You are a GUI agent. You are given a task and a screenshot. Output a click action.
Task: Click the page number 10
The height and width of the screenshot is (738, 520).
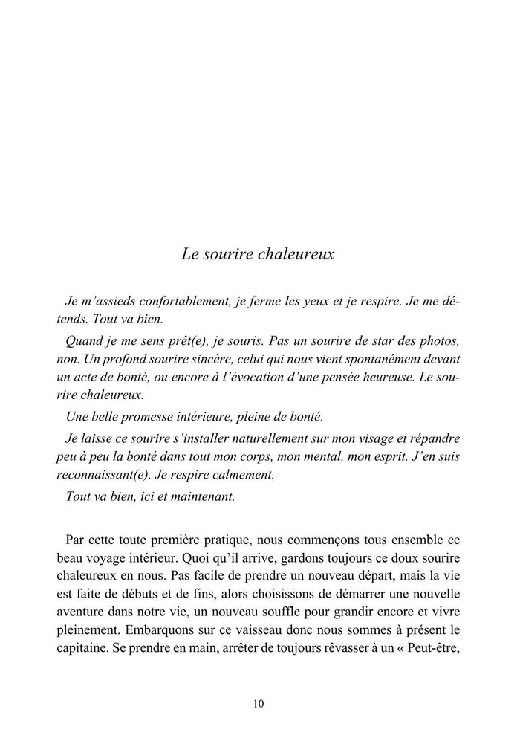point(259,704)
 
